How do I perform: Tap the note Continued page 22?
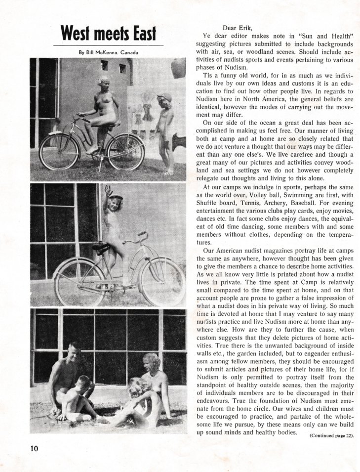pyautogui.click(x=332, y=435)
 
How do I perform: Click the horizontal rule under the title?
pyautogui.click(x=108, y=45)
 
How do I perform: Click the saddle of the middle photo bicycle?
pyautogui.click(x=100, y=248)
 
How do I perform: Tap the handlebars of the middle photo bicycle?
pyautogui.click(x=138, y=238)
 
